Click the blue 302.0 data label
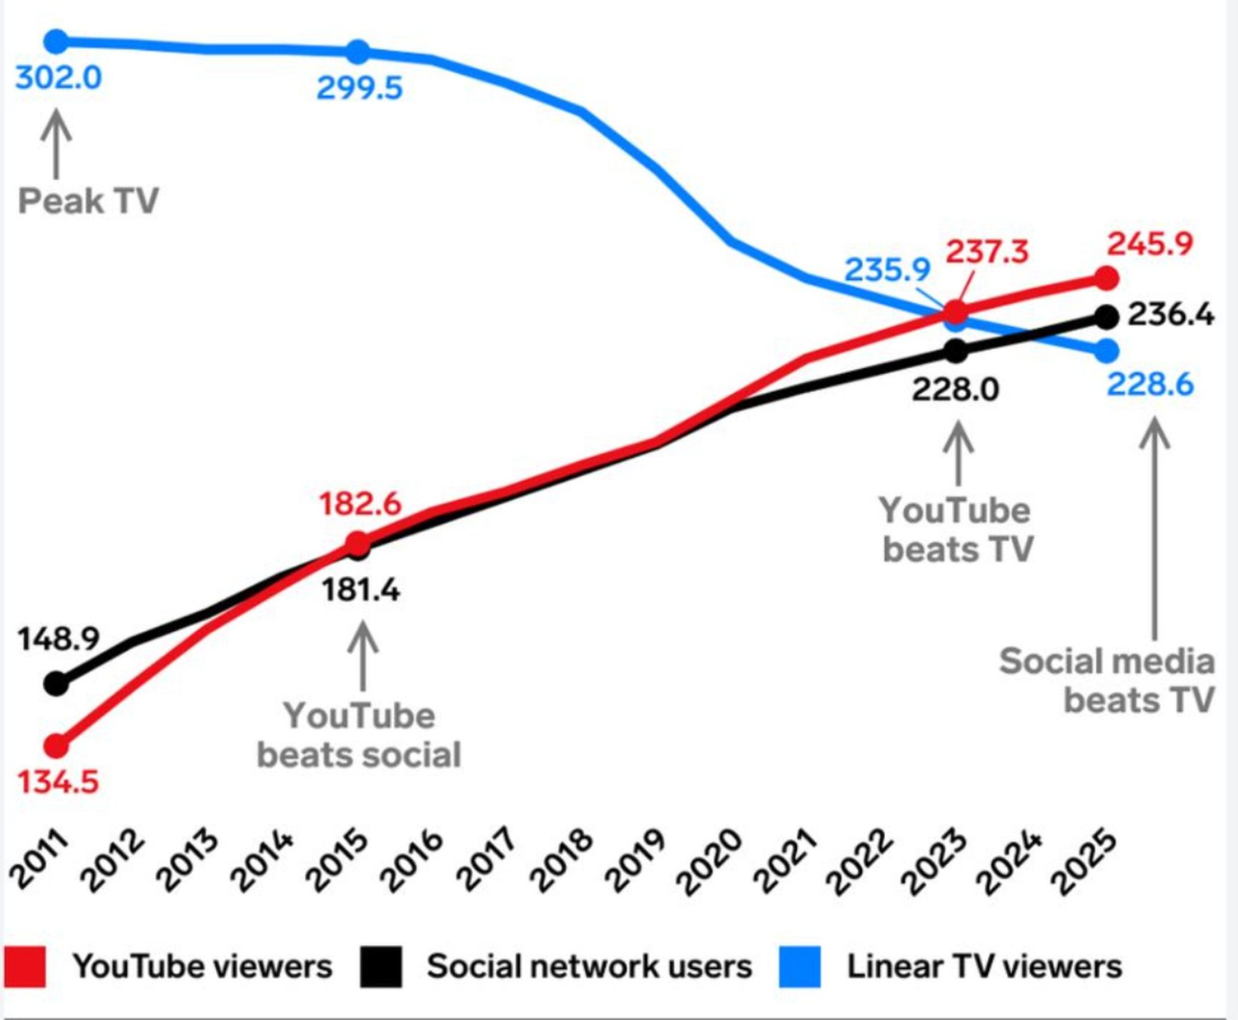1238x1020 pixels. [x=59, y=77]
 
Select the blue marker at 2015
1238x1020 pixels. [x=358, y=51]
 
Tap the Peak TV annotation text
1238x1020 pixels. [x=88, y=200]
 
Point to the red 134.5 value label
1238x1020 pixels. [x=57, y=782]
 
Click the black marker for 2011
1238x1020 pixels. [x=56, y=684]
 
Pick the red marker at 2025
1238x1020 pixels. [x=1106, y=278]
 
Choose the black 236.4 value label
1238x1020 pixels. [x=1170, y=315]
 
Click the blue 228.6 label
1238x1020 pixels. [x=1150, y=385]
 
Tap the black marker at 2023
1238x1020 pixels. [x=956, y=350]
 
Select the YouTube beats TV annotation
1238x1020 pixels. [x=957, y=530]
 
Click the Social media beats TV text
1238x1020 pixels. [x=1106, y=680]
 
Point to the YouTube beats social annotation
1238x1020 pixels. [x=359, y=735]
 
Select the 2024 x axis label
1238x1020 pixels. [x=1009, y=861]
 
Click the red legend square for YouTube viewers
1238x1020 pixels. [x=24, y=967]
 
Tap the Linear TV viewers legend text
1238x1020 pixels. [x=984, y=966]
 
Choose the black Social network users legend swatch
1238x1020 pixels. [x=380, y=967]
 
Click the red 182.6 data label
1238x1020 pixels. [x=360, y=504]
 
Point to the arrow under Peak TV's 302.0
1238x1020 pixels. [x=56, y=144]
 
